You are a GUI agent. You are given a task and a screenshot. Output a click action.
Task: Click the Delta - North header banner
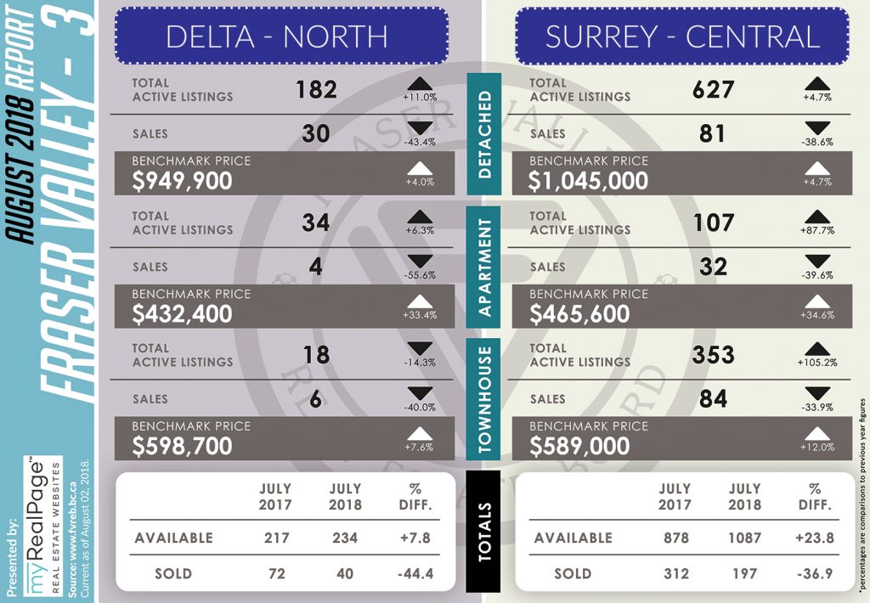click(281, 36)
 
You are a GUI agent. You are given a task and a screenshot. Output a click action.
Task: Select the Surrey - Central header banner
click(682, 36)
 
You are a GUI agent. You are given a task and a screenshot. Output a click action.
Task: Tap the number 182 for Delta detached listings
click(316, 89)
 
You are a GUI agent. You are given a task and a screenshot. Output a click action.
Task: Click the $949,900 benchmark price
click(182, 182)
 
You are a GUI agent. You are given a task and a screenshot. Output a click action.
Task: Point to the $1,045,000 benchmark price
click(588, 182)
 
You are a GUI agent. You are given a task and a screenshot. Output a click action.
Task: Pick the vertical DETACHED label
click(484, 134)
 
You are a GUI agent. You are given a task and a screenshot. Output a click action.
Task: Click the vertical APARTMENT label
click(484, 268)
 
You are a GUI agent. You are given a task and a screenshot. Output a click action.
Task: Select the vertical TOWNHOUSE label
click(484, 399)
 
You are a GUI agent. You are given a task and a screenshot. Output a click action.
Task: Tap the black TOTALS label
click(483, 532)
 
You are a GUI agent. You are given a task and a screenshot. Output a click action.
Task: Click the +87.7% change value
click(817, 230)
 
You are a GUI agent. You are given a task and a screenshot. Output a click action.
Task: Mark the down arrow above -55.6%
click(420, 261)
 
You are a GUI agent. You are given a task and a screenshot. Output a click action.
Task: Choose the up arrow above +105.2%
click(817, 348)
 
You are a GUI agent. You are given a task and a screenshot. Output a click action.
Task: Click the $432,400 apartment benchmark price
click(182, 314)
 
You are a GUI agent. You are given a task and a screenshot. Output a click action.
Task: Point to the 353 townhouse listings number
click(714, 354)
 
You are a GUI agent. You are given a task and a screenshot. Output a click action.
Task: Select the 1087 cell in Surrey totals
click(744, 538)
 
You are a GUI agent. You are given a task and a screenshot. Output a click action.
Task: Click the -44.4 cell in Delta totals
click(415, 573)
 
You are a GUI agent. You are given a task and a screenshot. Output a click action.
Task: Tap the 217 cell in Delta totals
click(276, 538)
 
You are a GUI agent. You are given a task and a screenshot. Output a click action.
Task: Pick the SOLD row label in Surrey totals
click(573, 573)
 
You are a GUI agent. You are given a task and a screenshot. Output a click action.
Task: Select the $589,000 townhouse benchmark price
click(579, 447)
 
